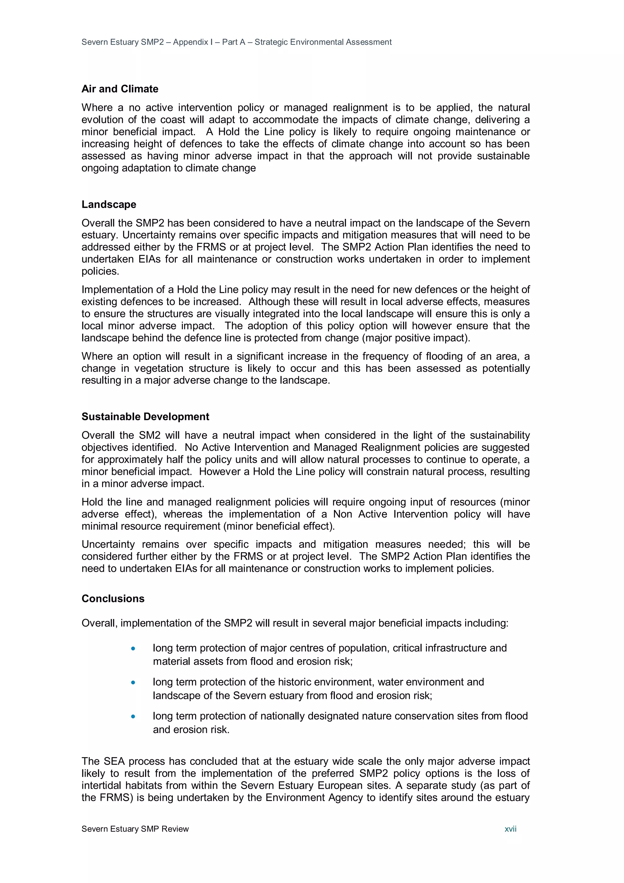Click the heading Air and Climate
coord(119,89)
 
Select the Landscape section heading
coord(109,204)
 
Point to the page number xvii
coord(510,829)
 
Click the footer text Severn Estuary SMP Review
coord(135,829)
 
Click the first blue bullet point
coord(133,648)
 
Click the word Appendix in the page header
coord(190,42)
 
